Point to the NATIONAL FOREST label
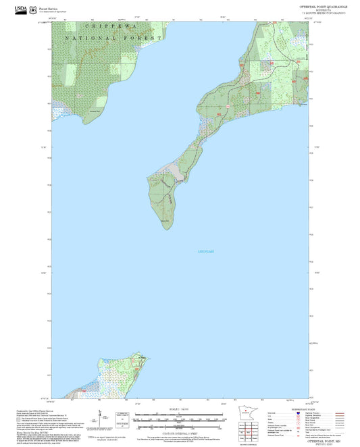coord(114,38)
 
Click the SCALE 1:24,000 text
coord(179,410)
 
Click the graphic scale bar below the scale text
coord(179,419)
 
